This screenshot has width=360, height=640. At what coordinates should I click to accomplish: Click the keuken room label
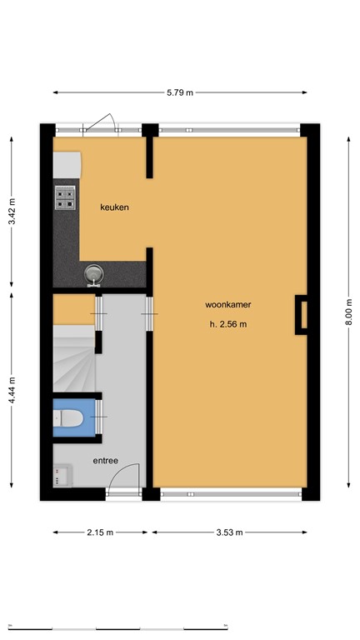[x=114, y=207]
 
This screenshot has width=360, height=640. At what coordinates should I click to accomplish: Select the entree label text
[x=105, y=460]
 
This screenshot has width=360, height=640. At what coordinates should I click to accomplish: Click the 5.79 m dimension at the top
[x=179, y=92]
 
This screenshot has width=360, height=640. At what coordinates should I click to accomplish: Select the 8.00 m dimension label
[x=348, y=313]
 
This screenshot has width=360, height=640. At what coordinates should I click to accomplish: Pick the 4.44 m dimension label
[x=12, y=387]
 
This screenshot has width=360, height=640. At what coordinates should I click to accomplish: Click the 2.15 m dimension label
[x=101, y=532]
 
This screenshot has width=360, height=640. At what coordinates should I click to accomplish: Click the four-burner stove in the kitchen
[x=66, y=197]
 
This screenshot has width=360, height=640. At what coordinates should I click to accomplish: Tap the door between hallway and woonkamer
[x=149, y=313]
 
